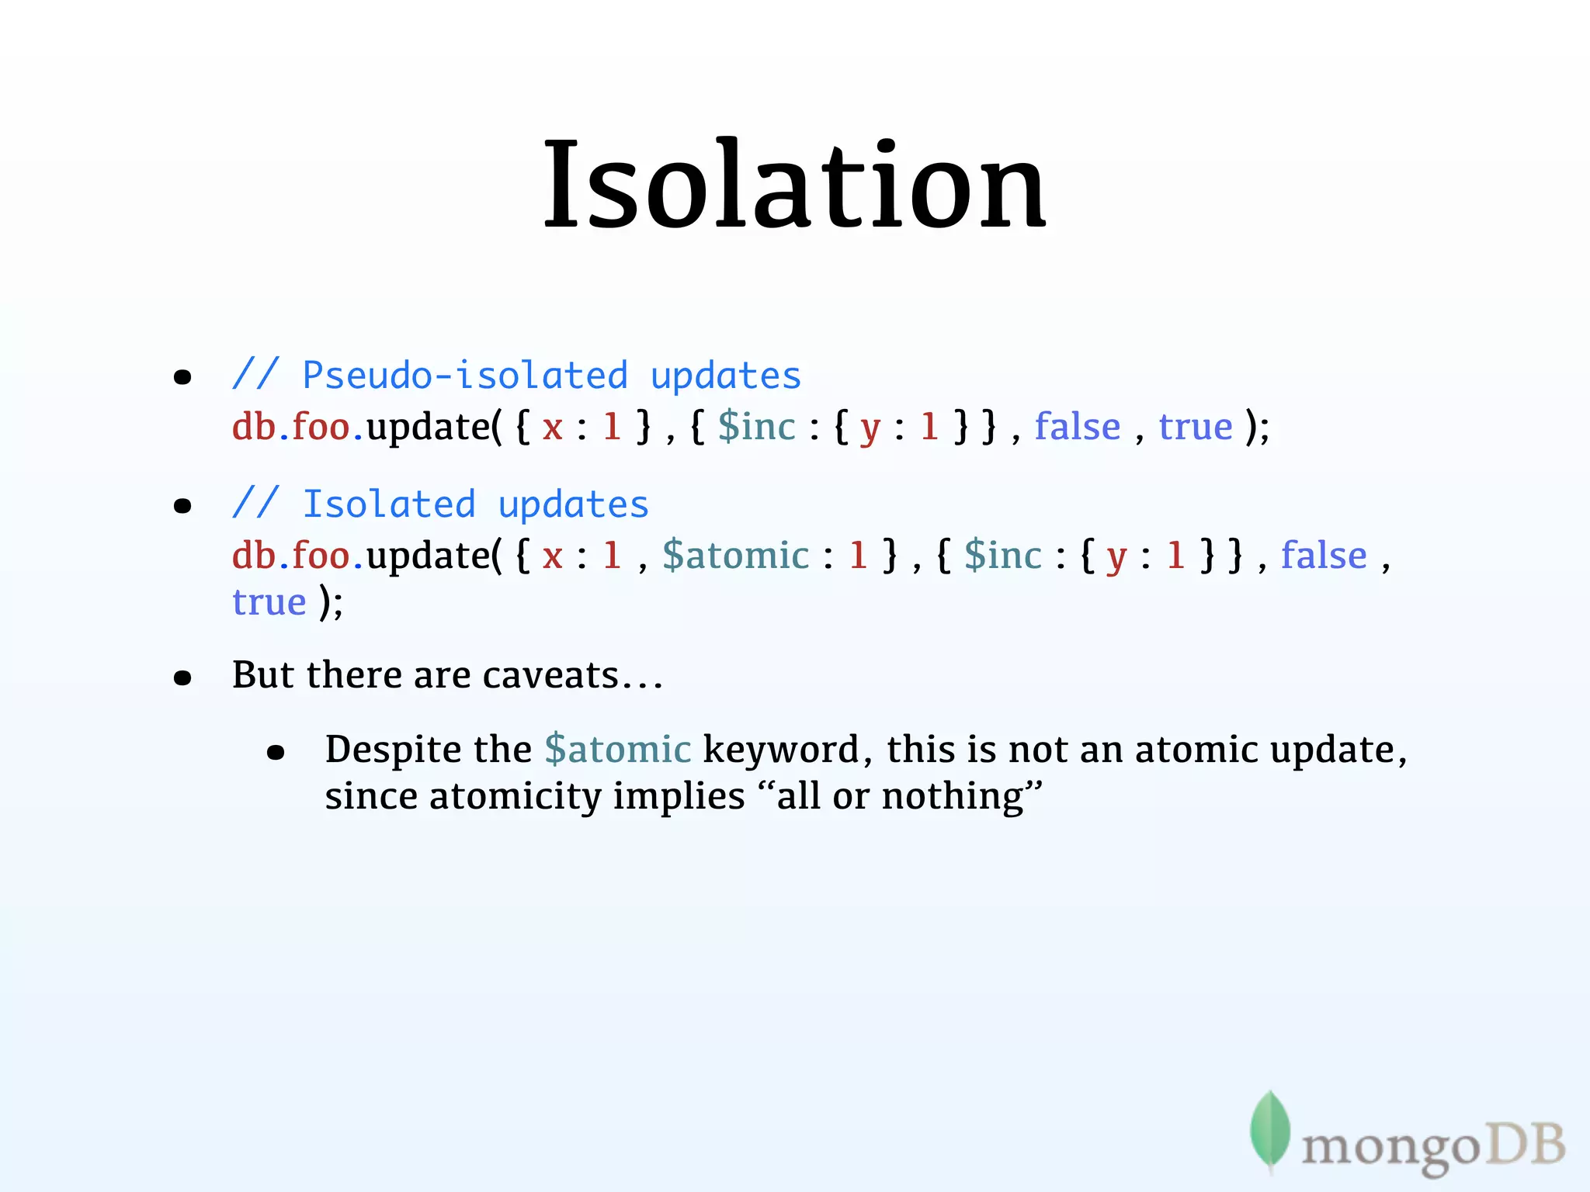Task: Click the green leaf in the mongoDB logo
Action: pyautogui.click(x=1270, y=1129)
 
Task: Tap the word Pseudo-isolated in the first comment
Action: pyautogui.click(x=464, y=376)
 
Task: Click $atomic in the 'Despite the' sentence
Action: pyautogui.click(x=617, y=750)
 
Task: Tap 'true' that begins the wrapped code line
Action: pyautogui.click(x=269, y=603)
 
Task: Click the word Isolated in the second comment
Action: pyautogui.click(x=388, y=505)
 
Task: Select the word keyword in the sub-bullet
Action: pyautogui.click(x=781, y=750)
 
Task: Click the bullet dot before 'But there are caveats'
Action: pyautogui.click(x=182, y=678)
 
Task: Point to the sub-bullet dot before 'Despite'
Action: pyautogui.click(x=276, y=752)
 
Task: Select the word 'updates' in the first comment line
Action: pyautogui.click(x=725, y=376)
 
